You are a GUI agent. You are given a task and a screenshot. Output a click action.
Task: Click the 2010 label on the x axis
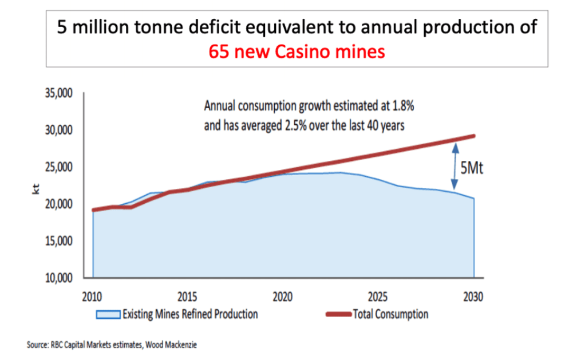coord(93,296)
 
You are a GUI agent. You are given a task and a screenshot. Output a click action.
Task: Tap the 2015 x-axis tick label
coord(188,296)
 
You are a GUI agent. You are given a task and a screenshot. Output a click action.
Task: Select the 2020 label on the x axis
coord(283,296)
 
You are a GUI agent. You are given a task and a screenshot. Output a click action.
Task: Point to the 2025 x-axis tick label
coord(378,296)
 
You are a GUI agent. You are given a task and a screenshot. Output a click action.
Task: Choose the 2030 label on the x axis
coord(473,296)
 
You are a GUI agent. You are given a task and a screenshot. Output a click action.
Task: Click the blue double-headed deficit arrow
coord(455,166)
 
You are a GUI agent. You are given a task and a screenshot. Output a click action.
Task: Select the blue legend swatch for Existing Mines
coord(108,314)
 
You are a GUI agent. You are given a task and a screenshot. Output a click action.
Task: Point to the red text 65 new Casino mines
coord(297,52)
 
